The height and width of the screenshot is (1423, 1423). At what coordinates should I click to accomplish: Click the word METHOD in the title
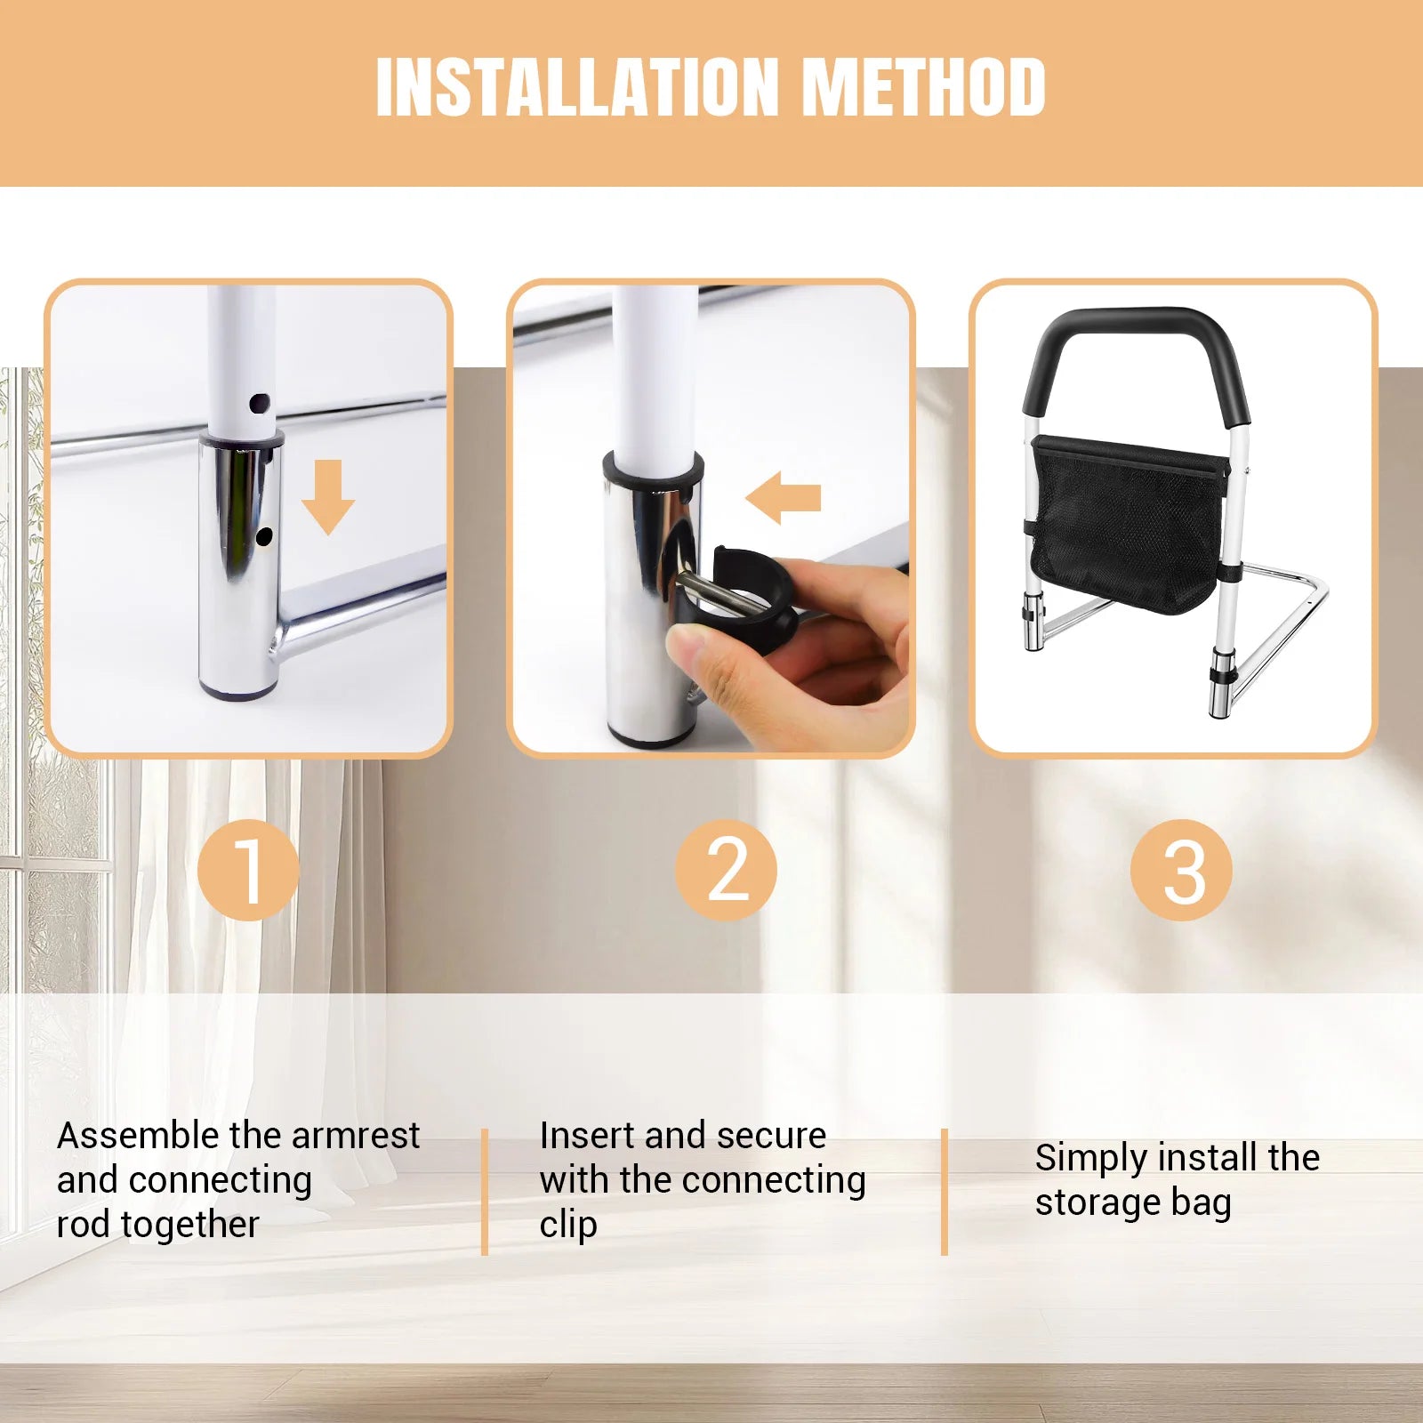click(924, 87)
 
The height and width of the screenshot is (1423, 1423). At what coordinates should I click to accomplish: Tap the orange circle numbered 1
click(248, 870)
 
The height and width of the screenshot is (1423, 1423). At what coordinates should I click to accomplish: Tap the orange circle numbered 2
click(726, 870)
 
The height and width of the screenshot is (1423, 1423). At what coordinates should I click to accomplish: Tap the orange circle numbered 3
click(1181, 870)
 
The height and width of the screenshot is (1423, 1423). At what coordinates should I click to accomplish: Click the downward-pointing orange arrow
click(328, 497)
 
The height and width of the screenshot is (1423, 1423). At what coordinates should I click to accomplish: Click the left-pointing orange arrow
click(784, 497)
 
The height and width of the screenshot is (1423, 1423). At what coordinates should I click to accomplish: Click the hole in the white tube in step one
click(259, 403)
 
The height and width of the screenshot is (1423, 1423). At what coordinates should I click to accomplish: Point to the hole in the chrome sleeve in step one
click(264, 536)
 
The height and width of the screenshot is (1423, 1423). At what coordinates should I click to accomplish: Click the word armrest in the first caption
click(356, 1136)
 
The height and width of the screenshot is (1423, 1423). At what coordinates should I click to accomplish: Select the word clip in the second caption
click(568, 1225)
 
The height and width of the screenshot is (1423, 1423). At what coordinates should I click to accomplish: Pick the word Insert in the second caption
click(587, 1136)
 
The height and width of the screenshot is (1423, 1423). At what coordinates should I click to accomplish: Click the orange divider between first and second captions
click(485, 1192)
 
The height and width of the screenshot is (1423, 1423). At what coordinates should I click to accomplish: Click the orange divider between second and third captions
click(945, 1192)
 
